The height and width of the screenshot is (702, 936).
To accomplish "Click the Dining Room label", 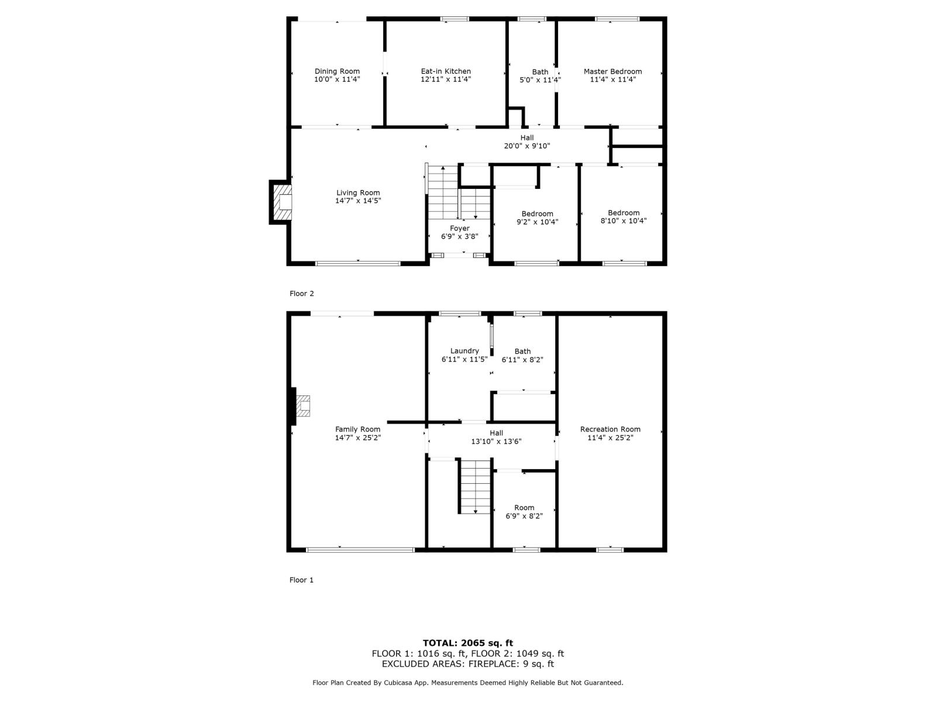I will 337,71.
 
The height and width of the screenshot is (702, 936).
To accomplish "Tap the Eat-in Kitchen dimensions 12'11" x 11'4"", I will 446,80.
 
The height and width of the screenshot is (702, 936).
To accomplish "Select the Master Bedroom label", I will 612,71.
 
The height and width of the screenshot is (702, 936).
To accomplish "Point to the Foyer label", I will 460,228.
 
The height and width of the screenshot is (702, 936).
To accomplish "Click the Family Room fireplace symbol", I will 302,405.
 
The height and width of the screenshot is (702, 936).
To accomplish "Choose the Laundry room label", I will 464,351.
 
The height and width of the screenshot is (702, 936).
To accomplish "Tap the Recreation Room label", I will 610,429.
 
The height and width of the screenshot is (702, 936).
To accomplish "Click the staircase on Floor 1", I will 474,486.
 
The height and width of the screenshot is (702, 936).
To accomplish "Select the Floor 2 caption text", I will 302,294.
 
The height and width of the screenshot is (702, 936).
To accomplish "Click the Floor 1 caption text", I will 302,580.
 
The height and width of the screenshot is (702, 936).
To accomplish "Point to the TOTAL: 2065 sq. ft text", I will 468,643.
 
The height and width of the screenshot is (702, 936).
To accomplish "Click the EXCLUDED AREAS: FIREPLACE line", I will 468,664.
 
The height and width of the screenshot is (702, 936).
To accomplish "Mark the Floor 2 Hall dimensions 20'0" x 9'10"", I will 526,146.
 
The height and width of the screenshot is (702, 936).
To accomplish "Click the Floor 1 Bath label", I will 522,352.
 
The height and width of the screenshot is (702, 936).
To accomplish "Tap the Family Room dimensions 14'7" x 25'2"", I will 358,438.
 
